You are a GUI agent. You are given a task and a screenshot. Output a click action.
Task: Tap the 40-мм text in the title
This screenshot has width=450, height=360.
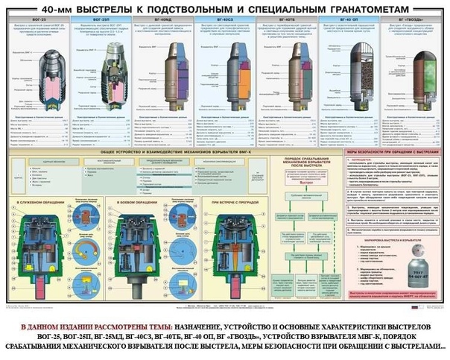tap(60, 7)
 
